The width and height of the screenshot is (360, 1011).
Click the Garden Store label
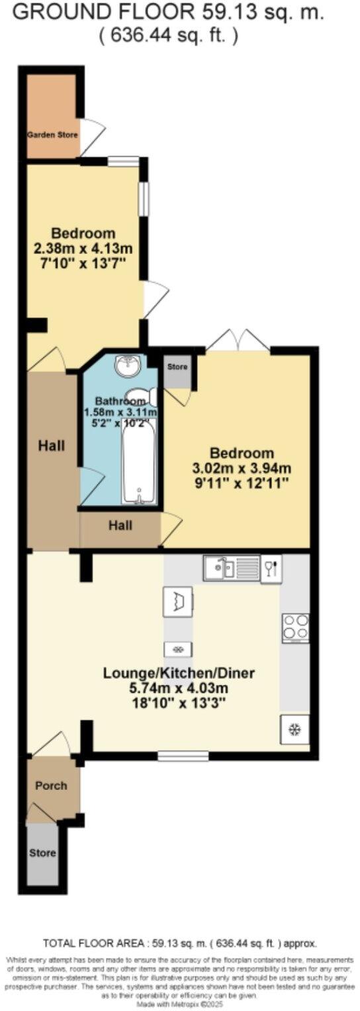[52, 135]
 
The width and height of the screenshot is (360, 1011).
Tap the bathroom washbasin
[124, 364]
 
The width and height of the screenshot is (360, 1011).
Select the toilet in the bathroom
[147, 396]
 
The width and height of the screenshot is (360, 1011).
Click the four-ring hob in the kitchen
[295, 627]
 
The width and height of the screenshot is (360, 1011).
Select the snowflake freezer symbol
[295, 730]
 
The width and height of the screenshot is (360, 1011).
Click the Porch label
[51, 785]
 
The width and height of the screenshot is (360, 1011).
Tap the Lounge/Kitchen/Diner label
[179, 674]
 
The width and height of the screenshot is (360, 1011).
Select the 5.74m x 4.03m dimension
[179, 688]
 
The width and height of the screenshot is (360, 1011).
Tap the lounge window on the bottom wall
[183, 755]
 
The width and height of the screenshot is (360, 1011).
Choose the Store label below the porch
[42, 853]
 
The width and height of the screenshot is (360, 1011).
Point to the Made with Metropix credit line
[179, 1004]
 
